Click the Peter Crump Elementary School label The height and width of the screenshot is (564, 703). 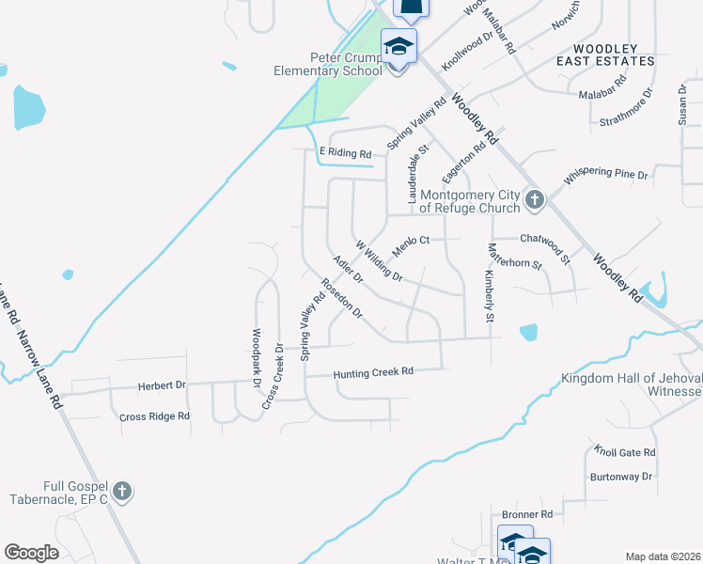click(327, 63)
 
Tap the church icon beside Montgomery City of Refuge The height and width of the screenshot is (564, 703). click(535, 198)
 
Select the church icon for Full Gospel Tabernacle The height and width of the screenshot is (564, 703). click(121, 491)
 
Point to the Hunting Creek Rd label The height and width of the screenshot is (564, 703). click(374, 372)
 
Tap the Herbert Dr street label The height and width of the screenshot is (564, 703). click(162, 385)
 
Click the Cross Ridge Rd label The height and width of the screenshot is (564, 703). click(155, 415)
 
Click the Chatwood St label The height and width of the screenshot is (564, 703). click(545, 245)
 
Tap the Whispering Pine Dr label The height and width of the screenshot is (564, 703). click(606, 175)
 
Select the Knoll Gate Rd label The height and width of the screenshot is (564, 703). click(624, 452)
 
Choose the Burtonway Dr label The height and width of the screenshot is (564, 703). click(620, 477)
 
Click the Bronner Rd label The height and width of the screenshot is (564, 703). click(526, 515)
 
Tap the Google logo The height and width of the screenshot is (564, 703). click(31, 553)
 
